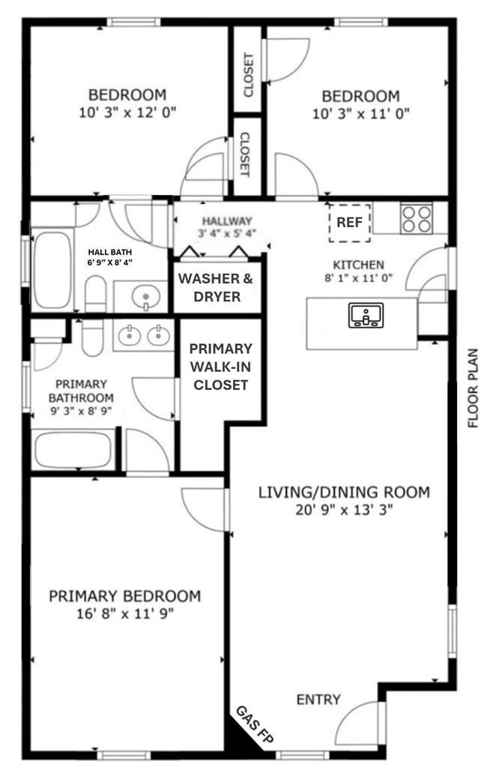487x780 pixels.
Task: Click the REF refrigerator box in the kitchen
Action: (350, 223)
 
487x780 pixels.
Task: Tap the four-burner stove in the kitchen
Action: (416, 219)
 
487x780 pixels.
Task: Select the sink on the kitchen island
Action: (365, 315)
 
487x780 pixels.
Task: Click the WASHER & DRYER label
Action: (216, 287)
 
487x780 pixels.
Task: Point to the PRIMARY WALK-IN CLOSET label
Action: (220, 367)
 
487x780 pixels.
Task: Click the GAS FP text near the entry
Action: (254, 725)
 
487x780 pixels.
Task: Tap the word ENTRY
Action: (318, 700)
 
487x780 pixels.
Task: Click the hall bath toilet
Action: (95, 292)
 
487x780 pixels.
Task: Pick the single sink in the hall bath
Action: (145, 298)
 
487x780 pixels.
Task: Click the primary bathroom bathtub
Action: (73, 450)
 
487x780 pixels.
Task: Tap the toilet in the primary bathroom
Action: (91, 340)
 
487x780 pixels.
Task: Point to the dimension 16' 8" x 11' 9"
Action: (124, 613)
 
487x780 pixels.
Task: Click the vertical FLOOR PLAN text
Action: (473, 388)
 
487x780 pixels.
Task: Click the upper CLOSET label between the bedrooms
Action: (248, 75)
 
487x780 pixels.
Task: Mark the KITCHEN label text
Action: (358, 265)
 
